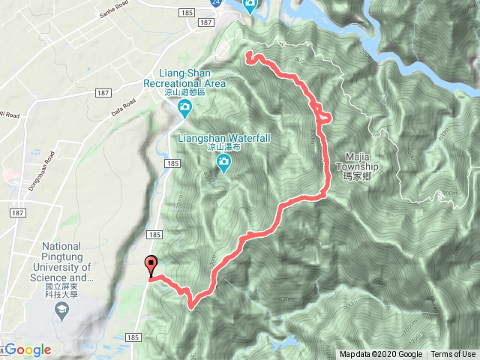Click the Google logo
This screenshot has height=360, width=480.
(28, 349)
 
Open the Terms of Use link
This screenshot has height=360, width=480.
(452, 355)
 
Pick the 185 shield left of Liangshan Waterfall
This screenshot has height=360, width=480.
(172, 163)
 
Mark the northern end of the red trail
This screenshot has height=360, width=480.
(248, 53)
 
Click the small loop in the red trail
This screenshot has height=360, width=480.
(325, 115)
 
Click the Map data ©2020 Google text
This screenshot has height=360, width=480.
(379, 355)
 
